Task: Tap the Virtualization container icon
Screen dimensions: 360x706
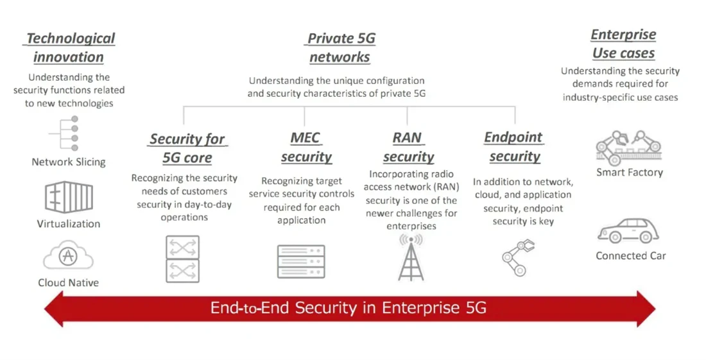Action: coord(69,197)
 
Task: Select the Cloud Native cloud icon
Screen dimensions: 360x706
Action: coord(68,257)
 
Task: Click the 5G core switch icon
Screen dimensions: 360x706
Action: coord(183,259)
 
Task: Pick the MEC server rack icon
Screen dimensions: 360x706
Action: coord(301,261)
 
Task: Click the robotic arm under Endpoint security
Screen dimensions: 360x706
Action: coord(518,256)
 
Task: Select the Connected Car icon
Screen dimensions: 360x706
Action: coord(629,231)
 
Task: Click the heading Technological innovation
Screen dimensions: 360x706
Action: coord(69,47)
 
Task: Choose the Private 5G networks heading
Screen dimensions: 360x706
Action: coord(341,47)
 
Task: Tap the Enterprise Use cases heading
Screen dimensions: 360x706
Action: coord(623,44)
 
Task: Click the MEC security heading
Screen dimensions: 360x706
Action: coord(306,148)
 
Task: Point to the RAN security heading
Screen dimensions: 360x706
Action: coord(409,148)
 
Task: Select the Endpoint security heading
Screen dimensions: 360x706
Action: coord(514,146)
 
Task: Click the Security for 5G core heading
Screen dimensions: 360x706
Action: coord(187,148)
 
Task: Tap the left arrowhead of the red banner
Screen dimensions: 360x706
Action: coord(55,309)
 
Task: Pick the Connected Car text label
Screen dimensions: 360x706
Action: coord(631,255)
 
